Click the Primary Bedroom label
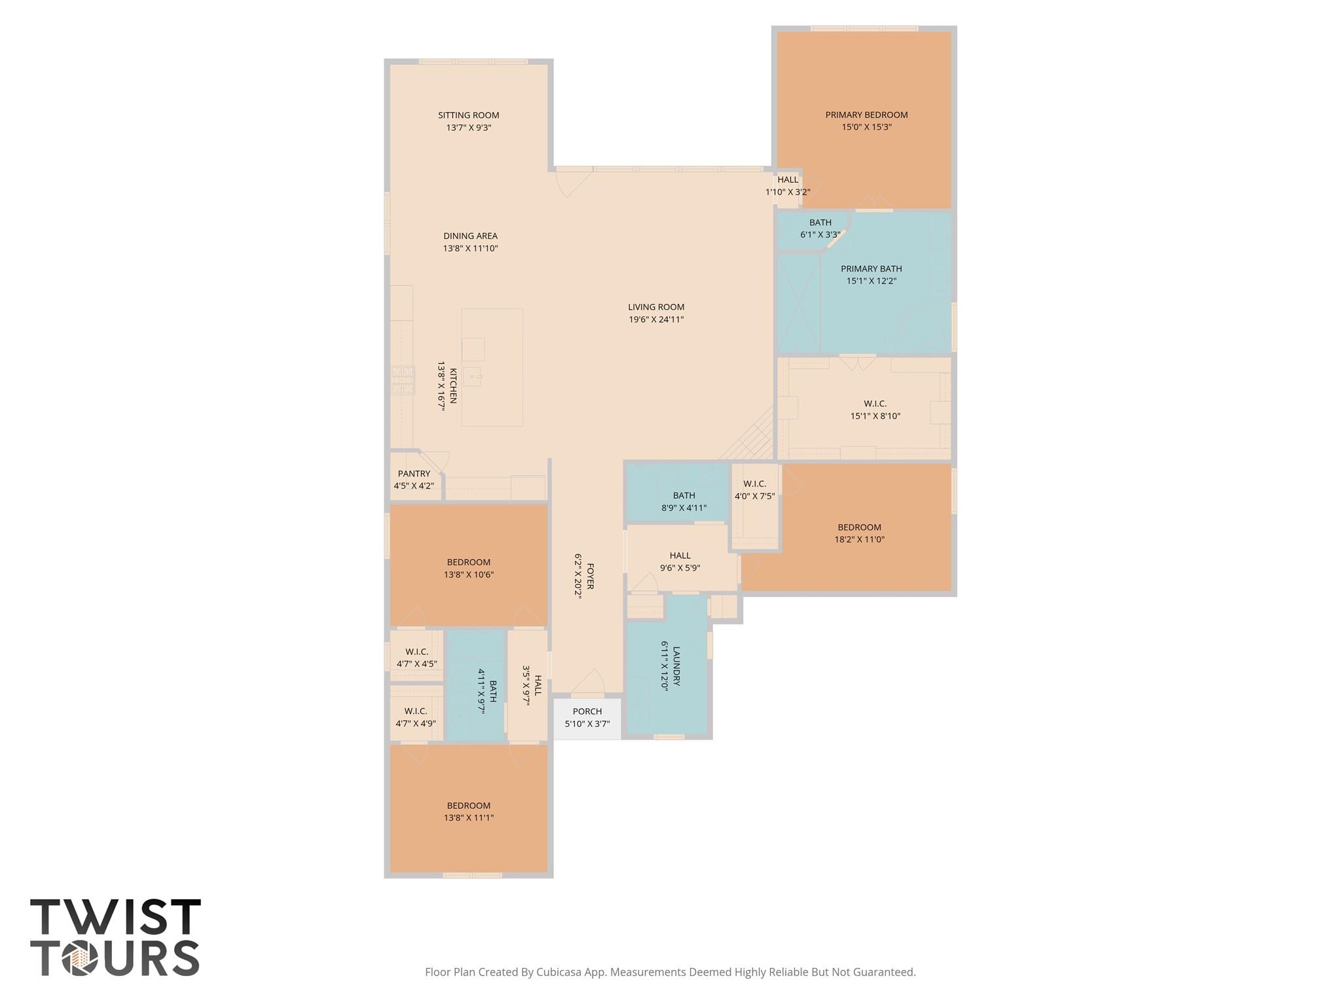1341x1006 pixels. coord(866,115)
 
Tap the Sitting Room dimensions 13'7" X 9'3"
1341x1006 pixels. coord(469,128)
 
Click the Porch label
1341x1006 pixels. coord(587,711)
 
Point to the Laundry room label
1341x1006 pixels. coord(676,666)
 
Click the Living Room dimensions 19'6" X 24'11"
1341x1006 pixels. coord(656,320)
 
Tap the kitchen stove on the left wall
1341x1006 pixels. coord(403,380)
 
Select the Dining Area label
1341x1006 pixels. coord(470,236)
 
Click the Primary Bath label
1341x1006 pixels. coord(871,269)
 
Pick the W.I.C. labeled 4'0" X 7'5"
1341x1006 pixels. coord(754,490)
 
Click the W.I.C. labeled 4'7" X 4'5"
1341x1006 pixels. coord(416,658)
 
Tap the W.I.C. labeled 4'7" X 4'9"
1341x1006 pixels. coord(416,717)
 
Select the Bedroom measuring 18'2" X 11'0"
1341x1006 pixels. coord(859,533)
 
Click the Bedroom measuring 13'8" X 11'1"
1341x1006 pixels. coord(469,811)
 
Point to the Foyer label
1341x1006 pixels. coord(590,576)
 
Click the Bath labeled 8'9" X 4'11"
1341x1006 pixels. coord(684,502)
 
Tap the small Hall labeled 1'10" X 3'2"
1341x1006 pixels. coord(788,185)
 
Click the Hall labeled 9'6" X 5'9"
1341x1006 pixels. coord(680,561)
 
